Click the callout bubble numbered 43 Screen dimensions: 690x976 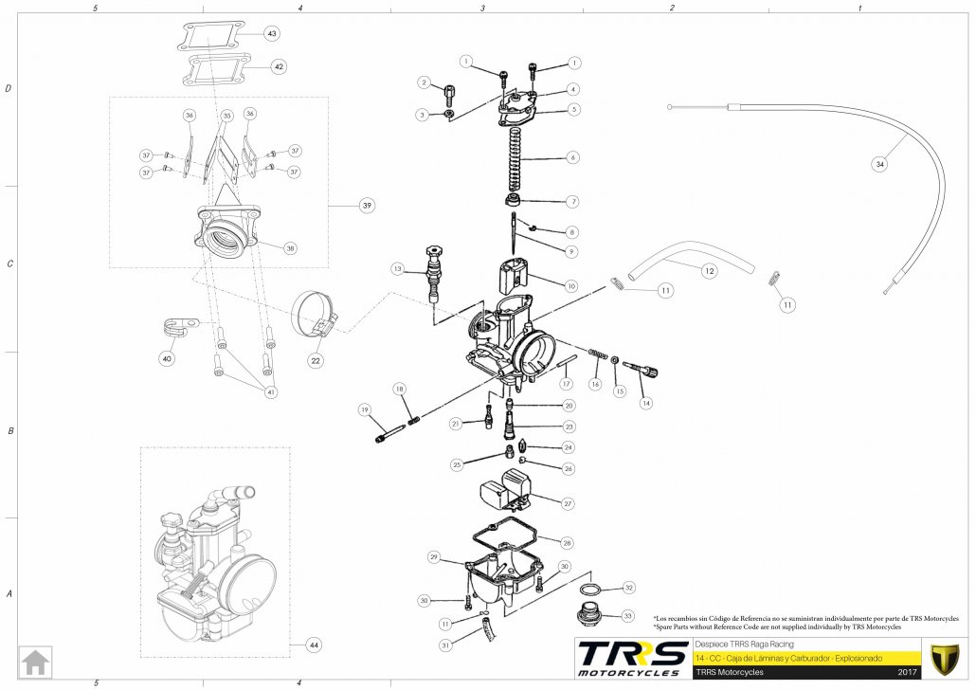point(273,34)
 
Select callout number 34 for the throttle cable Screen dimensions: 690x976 point(880,164)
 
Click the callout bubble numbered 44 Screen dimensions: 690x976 point(313,645)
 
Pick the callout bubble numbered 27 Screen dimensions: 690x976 point(568,503)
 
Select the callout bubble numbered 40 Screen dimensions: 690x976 point(168,359)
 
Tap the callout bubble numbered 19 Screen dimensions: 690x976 point(364,409)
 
